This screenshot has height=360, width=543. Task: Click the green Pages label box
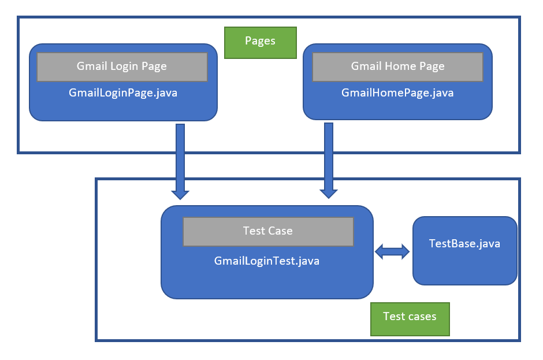[x=260, y=42]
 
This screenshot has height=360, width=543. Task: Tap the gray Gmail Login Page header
[x=122, y=66]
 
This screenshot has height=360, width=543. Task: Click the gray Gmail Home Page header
[x=397, y=66]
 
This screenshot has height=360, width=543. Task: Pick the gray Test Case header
[x=268, y=231]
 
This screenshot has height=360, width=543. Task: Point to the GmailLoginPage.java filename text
[x=122, y=92]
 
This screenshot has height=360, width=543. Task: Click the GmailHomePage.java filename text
[x=397, y=92]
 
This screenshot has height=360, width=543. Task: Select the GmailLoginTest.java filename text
[x=267, y=261]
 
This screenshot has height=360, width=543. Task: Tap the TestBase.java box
[x=464, y=250]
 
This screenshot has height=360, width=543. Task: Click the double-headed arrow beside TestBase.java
[x=392, y=251]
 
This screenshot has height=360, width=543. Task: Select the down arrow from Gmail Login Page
[x=180, y=159]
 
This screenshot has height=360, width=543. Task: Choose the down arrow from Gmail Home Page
[x=329, y=159]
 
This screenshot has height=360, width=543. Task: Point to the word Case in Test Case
[x=280, y=231]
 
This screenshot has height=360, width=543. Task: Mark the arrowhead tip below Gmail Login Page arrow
[x=180, y=198]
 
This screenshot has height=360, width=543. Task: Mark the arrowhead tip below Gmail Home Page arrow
[x=329, y=198]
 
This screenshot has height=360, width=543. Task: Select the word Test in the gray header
[x=254, y=231]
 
